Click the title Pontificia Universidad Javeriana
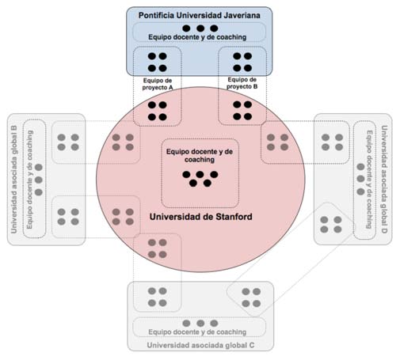[200, 16]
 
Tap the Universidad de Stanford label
[201, 217]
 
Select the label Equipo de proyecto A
[158, 84]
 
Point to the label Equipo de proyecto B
[242, 83]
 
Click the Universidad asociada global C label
[200, 345]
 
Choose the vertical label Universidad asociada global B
[14, 180]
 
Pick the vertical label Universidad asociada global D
[384, 180]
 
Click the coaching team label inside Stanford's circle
[200, 156]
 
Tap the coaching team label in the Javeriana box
[197, 37]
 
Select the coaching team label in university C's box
[197, 332]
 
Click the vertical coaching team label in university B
[29, 180]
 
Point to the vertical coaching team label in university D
[369, 180]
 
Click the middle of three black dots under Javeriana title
[200, 28]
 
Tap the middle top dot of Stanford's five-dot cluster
[200, 174]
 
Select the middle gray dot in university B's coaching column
[39, 180]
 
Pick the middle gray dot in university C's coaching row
[200, 323]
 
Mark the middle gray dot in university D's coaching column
[360, 179]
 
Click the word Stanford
[234, 217]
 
